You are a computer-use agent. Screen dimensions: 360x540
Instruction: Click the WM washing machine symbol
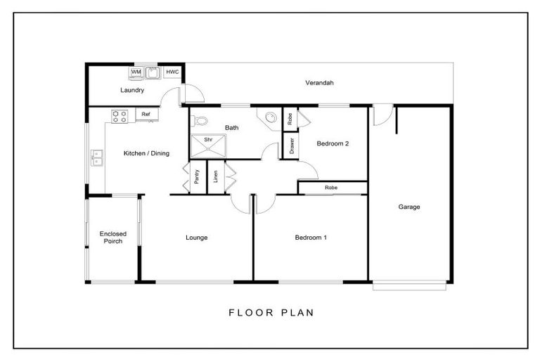136,72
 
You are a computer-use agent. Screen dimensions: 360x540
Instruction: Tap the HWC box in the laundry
172,72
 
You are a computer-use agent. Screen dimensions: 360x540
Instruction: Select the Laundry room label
132,91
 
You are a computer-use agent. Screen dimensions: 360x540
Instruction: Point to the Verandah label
319,83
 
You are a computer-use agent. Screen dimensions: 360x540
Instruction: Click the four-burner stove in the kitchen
119,115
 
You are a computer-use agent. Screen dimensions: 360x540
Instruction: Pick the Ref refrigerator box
146,114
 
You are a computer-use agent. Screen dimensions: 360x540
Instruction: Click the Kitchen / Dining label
146,153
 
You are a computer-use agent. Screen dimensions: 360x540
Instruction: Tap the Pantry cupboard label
197,176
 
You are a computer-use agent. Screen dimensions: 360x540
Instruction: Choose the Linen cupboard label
216,176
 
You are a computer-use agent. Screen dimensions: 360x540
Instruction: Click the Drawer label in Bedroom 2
291,146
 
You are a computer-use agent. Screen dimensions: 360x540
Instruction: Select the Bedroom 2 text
333,143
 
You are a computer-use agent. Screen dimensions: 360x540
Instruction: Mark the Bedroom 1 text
310,238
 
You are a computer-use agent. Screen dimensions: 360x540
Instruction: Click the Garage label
409,207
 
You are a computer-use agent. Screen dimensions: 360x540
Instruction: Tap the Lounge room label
196,238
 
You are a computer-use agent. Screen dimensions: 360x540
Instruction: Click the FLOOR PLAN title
271,312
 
